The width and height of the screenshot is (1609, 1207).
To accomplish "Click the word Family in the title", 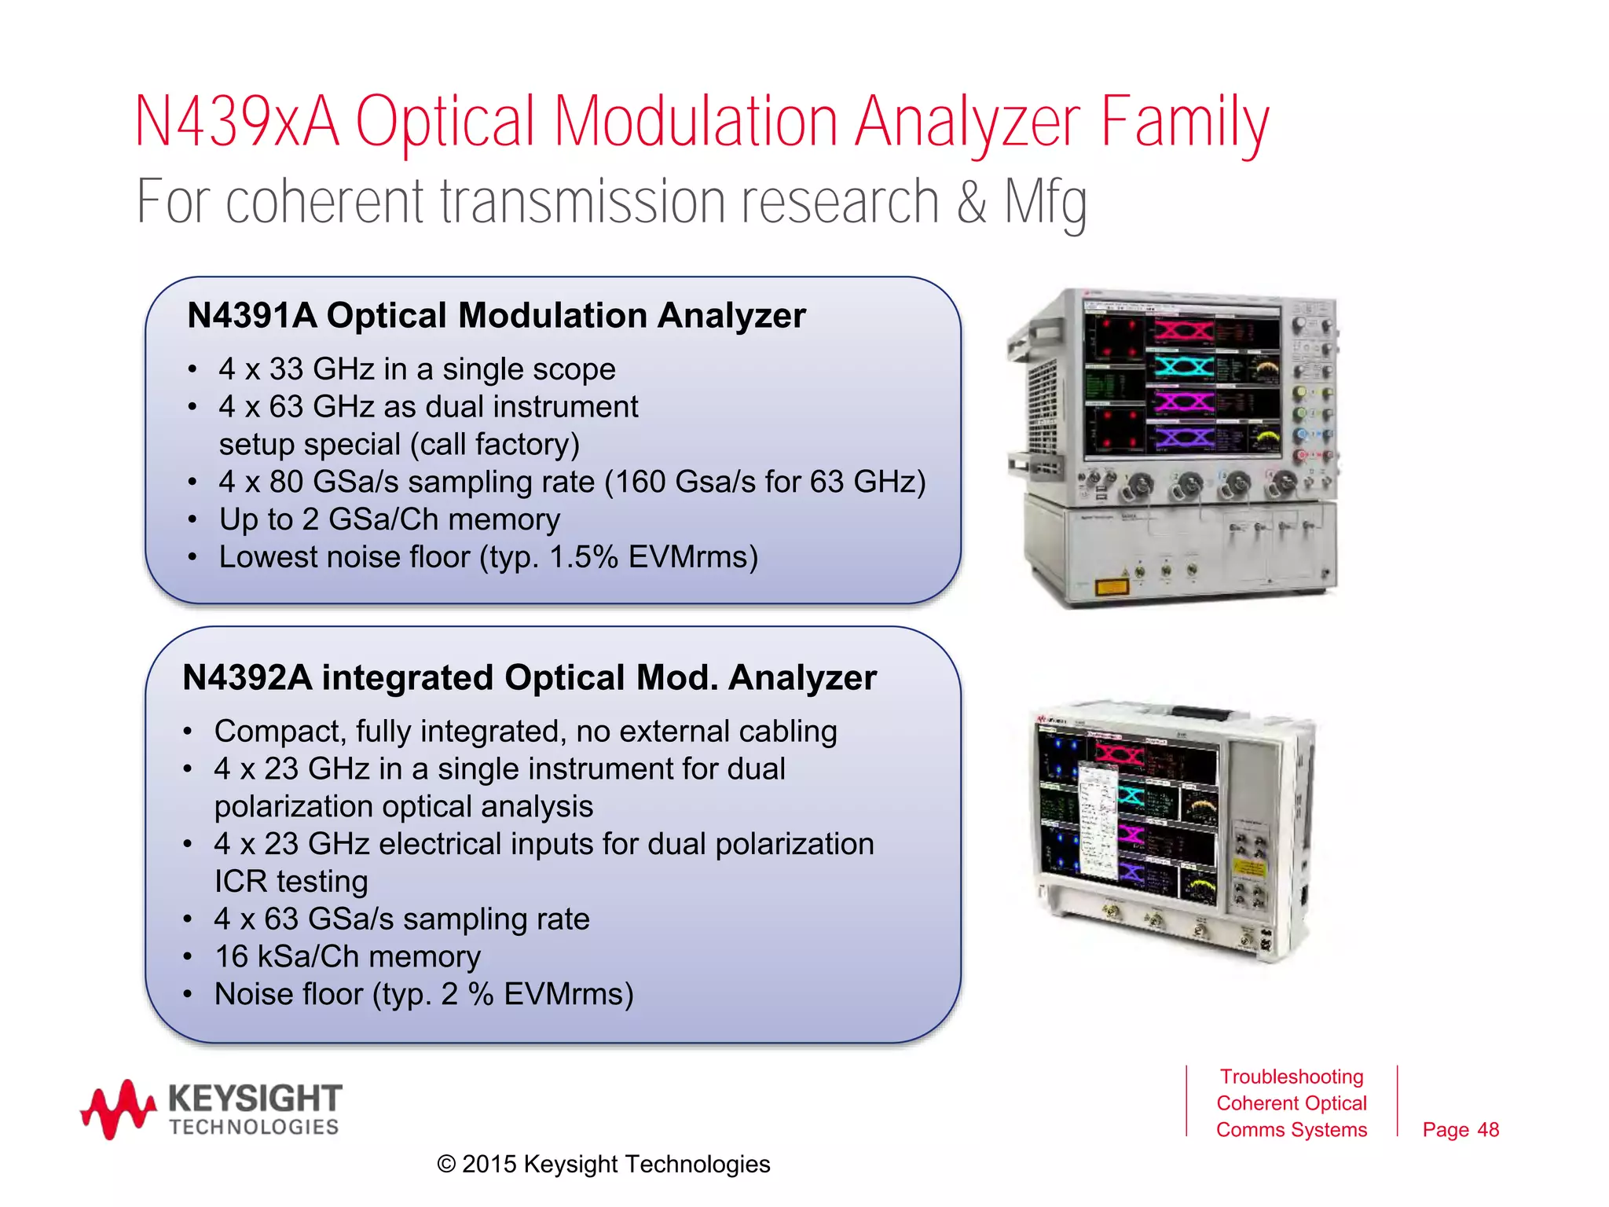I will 1184,123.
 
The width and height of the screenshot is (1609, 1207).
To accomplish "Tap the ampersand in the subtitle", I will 971,203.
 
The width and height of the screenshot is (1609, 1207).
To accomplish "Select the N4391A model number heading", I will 251,316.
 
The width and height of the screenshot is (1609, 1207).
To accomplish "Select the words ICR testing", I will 291,882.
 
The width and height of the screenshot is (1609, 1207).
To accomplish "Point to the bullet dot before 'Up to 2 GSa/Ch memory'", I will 192,520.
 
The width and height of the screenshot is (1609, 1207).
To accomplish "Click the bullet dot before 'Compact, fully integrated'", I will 188,732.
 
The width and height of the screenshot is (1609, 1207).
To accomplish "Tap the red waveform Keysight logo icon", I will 118,1108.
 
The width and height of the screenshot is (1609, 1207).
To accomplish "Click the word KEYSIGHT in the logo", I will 255,1098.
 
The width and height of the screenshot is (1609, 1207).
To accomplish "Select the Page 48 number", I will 1460,1130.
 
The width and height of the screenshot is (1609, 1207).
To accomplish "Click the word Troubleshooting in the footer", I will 1291,1077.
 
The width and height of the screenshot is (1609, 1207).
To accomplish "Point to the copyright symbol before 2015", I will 446,1165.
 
